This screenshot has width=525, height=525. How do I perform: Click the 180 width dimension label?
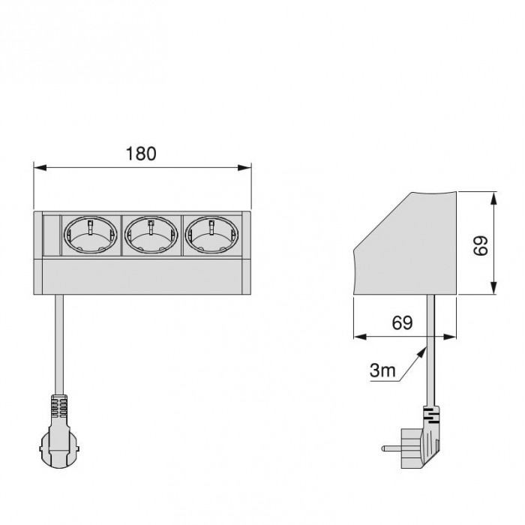(x=141, y=154)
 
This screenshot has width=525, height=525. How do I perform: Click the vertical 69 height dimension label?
(x=481, y=246)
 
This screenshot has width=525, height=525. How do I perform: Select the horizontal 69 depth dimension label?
(x=402, y=322)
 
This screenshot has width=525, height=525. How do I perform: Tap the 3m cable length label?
(x=382, y=370)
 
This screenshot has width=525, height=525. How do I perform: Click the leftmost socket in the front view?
(x=91, y=235)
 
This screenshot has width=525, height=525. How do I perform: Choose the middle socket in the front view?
(x=151, y=235)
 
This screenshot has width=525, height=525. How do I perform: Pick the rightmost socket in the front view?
(x=211, y=235)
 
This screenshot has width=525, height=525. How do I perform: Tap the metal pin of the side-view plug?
(x=391, y=448)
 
